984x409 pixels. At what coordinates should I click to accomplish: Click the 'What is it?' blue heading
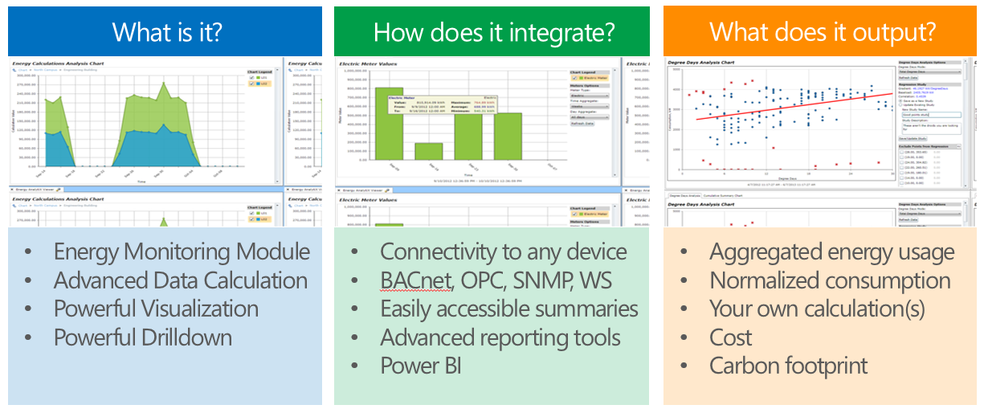tap(166, 32)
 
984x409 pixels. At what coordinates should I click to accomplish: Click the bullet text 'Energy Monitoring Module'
tap(182, 252)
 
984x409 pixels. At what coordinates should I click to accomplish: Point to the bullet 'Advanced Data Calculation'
tap(180, 280)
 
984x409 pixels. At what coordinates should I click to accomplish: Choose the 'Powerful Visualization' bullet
tap(156, 309)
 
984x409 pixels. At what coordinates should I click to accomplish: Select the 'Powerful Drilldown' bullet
tap(143, 337)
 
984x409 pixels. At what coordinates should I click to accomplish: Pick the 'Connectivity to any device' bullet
tap(503, 252)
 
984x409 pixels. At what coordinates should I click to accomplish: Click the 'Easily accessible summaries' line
tap(508, 309)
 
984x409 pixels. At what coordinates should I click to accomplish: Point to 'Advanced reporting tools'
tap(500, 337)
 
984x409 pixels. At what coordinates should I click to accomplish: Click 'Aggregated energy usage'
tap(831, 252)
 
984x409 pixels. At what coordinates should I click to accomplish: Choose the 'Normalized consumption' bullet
tap(830, 280)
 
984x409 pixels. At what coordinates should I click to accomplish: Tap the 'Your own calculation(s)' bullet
tap(817, 309)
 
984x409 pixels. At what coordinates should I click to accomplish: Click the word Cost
tap(730, 337)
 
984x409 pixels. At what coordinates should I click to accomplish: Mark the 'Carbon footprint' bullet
tap(788, 366)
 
